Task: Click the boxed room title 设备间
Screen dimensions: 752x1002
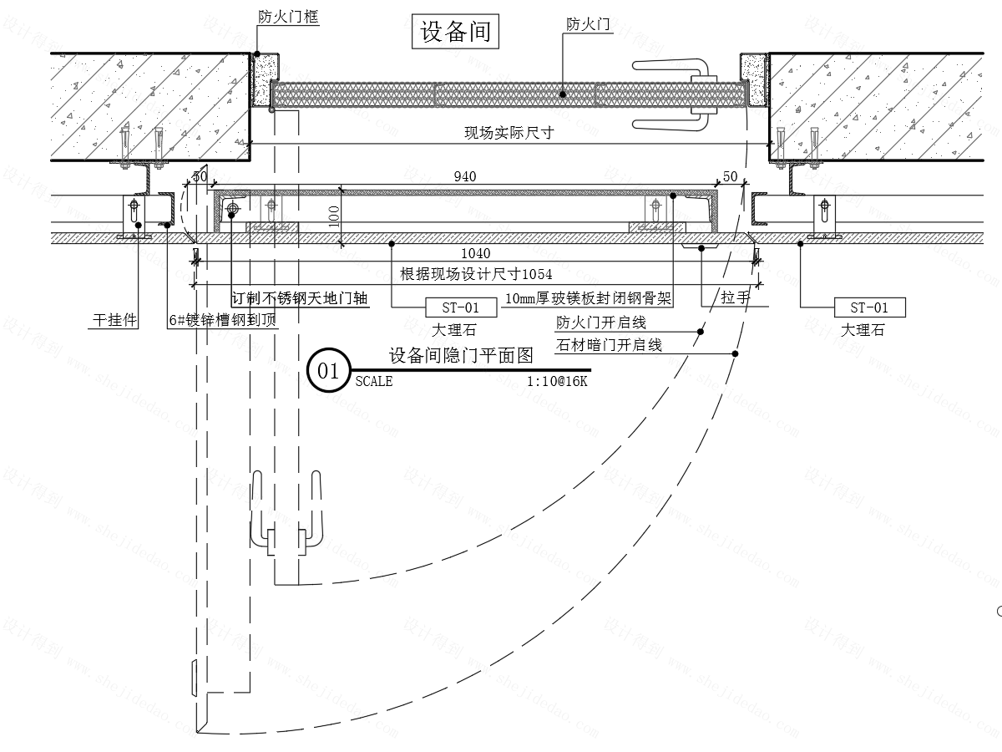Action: coord(455,33)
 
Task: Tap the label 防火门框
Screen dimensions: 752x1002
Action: coord(288,15)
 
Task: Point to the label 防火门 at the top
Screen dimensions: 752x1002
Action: coord(589,25)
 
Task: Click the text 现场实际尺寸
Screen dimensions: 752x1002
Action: coord(509,132)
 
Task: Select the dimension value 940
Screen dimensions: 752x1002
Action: coord(465,176)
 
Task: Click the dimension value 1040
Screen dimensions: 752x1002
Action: coord(475,253)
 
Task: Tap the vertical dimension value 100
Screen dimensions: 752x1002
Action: coord(334,216)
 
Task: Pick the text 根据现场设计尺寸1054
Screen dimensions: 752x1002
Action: coord(476,273)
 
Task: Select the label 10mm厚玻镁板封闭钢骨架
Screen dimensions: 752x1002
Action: coord(589,298)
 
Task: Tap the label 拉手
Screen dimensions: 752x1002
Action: coord(736,298)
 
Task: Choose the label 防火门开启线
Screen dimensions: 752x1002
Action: coord(601,323)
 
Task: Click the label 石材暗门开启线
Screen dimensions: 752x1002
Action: coord(609,344)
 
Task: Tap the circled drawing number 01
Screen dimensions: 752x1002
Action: coord(328,371)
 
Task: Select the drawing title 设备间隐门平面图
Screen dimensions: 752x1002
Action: coord(460,356)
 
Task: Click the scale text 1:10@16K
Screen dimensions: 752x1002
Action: coord(557,381)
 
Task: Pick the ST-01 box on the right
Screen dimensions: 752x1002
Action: coord(870,307)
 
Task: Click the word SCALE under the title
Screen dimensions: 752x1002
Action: coord(373,381)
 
